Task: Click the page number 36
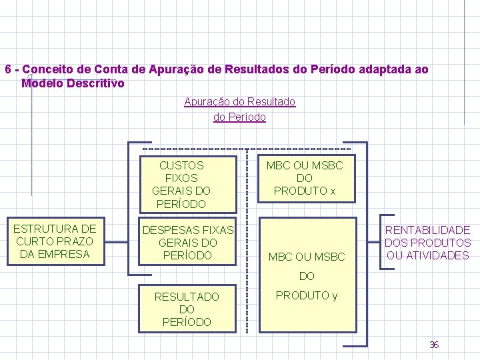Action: pyautogui.click(x=434, y=345)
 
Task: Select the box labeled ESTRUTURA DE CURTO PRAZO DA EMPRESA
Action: pyautogui.click(x=55, y=241)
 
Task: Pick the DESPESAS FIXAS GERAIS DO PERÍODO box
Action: pyautogui.click(x=187, y=242)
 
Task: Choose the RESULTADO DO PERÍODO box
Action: pyautogui.click(x=187, y=309)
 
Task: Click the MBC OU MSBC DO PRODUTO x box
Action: pyautogui.click(x=304, y=178)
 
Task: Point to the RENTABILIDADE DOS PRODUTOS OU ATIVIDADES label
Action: pyautogui.click(x=427, y=243)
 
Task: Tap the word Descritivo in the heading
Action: pyautogui.click(x=97, y=83)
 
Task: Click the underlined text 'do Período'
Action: pyautogui.click(x=239, y=117)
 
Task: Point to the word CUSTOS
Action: pyautogui.click(x=181, y=165)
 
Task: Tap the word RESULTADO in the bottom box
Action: pyautogui.click(x=187, y=296)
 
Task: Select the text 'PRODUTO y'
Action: pyautogui.click(x=306, y=295)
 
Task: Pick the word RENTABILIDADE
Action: pyautogui.click(x=427, y=230)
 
